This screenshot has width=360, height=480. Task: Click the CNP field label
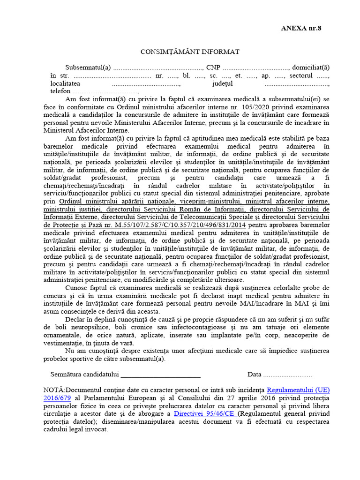pyautogui.click(x=213, y=67)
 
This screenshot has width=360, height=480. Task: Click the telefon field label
pyautogui.click(x=60, y=92)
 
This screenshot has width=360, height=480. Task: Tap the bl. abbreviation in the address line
pyautogui.click(x=187, y=75)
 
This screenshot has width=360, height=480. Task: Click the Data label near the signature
pyautogui.click(x=255, y=375)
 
